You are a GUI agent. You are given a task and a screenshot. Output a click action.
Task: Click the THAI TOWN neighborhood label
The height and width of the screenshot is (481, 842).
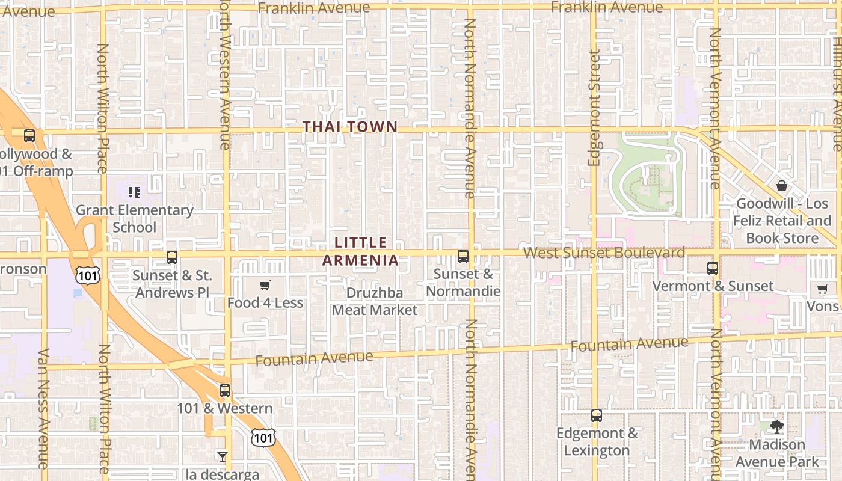[350, 127]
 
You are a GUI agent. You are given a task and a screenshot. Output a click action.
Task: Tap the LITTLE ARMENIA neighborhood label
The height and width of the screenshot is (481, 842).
[361, 251]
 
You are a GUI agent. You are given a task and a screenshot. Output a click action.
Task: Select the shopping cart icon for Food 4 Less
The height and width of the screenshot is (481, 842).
[265, 285]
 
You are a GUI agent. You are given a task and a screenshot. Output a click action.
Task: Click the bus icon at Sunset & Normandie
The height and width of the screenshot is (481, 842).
[463, 256]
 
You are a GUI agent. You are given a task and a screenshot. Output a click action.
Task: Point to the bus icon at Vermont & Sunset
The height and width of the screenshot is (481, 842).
[713, 268]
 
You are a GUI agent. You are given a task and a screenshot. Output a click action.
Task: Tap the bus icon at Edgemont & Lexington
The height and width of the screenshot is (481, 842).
[597, 415]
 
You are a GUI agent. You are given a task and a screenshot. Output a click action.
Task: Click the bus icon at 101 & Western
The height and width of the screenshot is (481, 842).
[225, 391]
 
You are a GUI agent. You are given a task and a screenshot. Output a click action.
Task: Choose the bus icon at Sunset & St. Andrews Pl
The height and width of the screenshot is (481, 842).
[172, 257]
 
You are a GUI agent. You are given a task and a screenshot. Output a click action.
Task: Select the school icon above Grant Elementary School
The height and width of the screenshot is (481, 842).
[134, 192]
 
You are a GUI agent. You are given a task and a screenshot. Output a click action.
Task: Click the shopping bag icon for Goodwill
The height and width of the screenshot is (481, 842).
[781, 186]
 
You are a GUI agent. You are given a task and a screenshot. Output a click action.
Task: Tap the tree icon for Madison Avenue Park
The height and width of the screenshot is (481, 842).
[777, 427]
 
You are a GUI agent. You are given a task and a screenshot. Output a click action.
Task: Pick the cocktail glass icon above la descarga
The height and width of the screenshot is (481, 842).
[223, 457]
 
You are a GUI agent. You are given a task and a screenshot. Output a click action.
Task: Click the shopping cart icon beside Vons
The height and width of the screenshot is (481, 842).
[823, 289]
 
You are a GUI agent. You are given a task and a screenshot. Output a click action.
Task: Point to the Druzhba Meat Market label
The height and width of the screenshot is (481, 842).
[375, 302]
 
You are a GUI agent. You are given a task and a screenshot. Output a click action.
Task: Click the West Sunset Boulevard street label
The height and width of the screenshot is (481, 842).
[604, 252]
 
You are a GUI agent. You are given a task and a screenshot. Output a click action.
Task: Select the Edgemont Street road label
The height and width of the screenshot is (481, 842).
[595, 108]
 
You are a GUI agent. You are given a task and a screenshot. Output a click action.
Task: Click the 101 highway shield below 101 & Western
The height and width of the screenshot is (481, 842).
[263, 437]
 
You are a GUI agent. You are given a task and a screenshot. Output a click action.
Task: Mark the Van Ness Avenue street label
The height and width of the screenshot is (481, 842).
[43, 409]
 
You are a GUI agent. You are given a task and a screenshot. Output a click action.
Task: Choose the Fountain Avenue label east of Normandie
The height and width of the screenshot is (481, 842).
[629, 345]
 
